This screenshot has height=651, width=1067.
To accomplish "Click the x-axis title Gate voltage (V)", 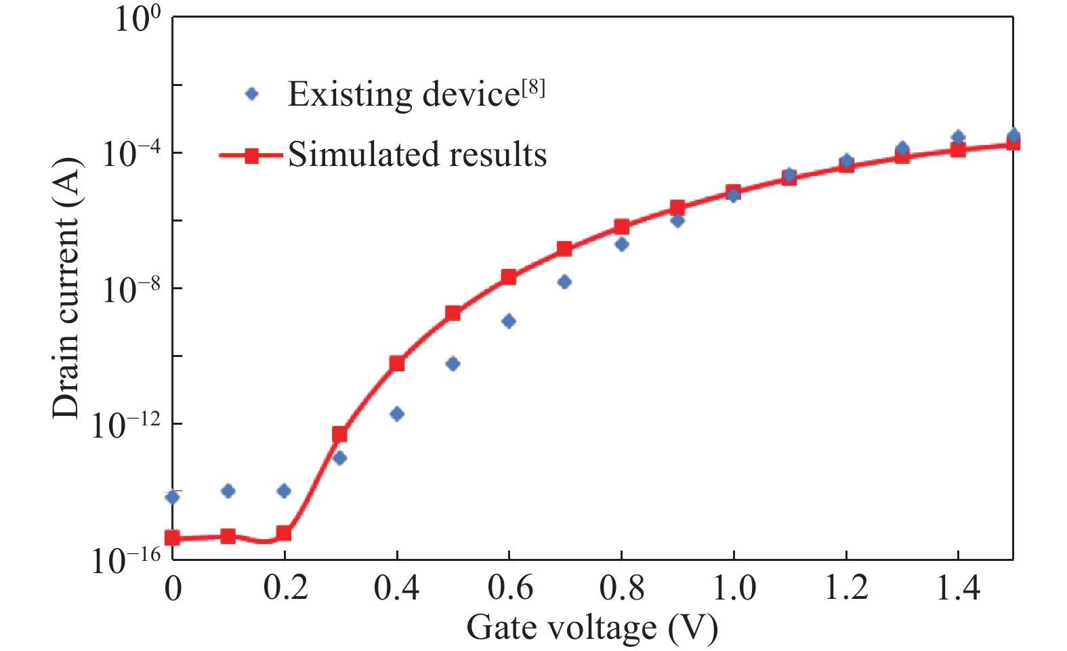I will tap(591, 627).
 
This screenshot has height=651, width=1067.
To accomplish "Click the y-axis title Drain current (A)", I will tap(67, 289).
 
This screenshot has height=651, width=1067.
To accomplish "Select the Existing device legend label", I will tap(403, 94).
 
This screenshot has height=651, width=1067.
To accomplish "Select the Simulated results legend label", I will tap(417, 154).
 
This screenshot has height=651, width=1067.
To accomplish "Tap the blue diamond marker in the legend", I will tap(252, 94).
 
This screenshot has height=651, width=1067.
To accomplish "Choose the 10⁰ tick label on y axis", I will tap(138, 18).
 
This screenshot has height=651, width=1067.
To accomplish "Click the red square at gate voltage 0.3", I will tap(340, 434).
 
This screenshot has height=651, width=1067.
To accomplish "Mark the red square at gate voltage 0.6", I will tap(509, 277).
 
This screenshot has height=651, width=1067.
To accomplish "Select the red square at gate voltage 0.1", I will tap(228, 537).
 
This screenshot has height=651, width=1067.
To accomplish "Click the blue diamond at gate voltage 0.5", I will tap(453, 364).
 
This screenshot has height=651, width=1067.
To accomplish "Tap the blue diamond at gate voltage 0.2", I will tap(285, 490).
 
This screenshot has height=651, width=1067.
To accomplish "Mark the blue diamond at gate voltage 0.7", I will tap(564, 282).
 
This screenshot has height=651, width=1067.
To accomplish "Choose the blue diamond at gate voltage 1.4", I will tap(958, 137).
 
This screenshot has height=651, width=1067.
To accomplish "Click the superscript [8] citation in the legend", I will tap(533, 88).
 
